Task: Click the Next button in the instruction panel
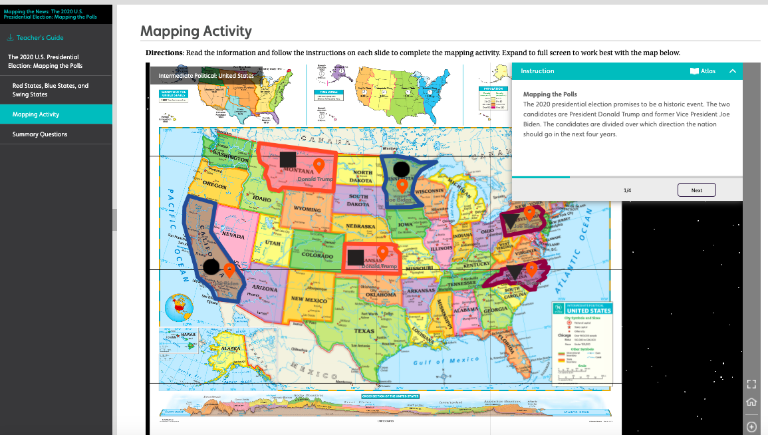696,190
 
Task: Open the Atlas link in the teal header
703,71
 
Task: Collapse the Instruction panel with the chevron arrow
733,71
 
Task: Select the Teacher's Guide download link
36,38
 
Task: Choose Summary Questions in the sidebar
40,134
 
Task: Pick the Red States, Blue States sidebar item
51,90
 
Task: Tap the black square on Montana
288,159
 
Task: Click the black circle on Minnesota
402,169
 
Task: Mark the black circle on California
211,267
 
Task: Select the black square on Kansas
356,257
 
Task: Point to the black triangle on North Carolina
514,271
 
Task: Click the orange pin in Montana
319,166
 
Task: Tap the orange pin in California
229,270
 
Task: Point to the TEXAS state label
364,331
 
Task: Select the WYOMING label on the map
307,210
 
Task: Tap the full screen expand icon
751,384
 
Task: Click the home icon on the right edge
751,402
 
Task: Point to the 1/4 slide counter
627,190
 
